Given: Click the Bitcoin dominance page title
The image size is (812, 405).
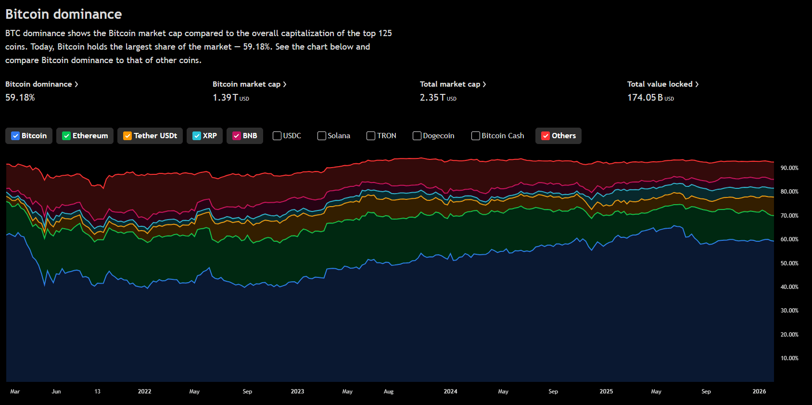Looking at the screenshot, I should (x=63, y=14).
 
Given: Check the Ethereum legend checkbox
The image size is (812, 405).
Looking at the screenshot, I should (x=66, y=136).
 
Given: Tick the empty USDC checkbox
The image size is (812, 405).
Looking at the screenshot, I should (x=277, y=136).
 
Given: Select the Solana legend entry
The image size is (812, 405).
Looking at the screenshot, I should (x=334, y=136).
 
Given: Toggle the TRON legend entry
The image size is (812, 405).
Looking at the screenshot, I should (x=381, y=136).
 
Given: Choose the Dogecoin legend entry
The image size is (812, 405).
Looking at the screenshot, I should (x=433, y=136).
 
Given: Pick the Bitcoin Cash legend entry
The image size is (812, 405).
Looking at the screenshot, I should (x=498, y=136).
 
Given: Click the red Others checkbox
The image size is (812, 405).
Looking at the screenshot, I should (x=546, y=136).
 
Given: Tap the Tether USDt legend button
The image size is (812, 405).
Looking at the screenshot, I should (x=150, y=136).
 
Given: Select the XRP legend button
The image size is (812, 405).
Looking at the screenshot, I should (x=204, y=136).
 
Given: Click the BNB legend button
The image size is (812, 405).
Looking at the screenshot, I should (x=245, y=136).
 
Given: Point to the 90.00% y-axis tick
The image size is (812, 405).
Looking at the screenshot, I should (x=789, y=168).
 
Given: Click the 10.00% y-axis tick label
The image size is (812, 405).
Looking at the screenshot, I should (x=789, y=358).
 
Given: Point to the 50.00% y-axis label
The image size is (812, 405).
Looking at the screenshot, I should (x=789, y=263).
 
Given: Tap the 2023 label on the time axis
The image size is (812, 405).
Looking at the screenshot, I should (x=297, y=392).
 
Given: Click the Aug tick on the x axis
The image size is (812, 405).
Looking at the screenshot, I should (x=389, y=392).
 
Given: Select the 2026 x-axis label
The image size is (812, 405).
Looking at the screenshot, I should (x=759, y=392).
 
